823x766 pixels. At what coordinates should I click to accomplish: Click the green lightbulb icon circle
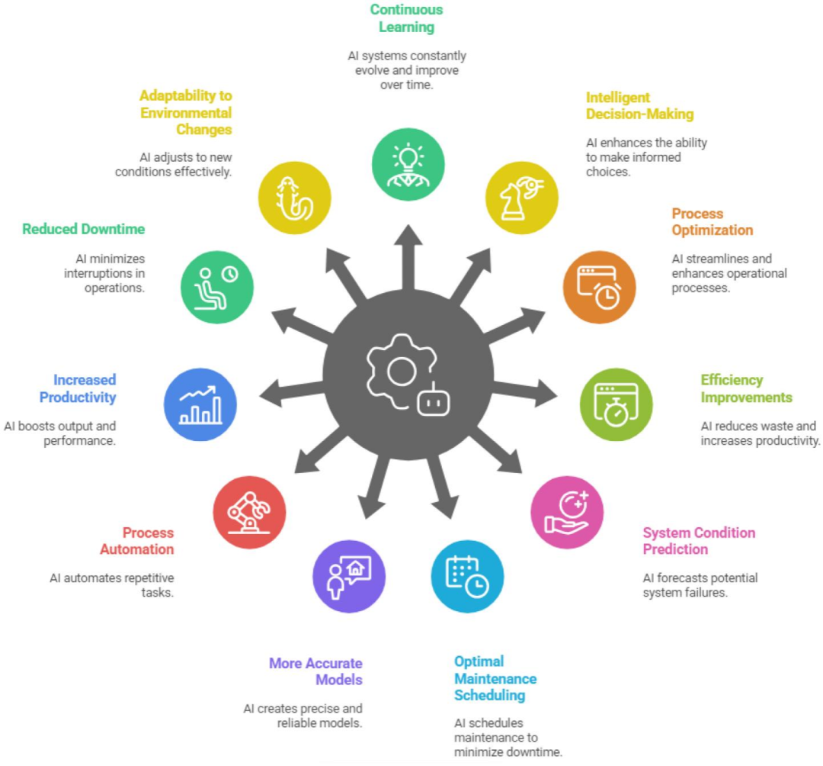click(408, 165)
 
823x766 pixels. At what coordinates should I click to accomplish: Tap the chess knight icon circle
click(522, 198)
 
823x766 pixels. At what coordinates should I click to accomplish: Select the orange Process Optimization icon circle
click(600, 287)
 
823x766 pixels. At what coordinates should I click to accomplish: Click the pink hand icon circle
click(567, 512)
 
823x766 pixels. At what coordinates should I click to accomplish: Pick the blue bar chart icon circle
click(200, 404)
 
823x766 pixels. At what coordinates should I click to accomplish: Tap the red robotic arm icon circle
click(249, 512)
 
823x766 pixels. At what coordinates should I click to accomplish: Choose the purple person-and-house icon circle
click(349, 576)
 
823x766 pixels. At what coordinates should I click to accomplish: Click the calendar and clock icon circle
click(467, 576)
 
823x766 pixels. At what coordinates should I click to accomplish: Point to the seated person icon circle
click(216, 287)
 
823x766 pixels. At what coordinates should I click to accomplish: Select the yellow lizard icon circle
click(294, 198)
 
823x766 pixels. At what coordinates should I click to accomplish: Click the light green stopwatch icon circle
click(616, 404)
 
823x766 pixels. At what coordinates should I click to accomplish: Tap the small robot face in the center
click(434, 401)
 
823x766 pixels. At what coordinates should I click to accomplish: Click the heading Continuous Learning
click(407, 18)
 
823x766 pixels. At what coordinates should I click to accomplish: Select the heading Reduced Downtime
click(84, 229)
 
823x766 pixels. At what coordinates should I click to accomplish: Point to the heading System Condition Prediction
click(699, 541)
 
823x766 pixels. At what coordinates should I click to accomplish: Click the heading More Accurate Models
click(315, 671)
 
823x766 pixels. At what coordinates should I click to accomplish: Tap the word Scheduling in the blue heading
click(490, 696)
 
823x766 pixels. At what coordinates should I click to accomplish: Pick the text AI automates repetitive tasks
click(112, 585)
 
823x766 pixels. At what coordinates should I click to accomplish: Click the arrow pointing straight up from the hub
click(408, 257)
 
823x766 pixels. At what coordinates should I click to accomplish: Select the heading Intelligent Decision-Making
click(640, 105)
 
